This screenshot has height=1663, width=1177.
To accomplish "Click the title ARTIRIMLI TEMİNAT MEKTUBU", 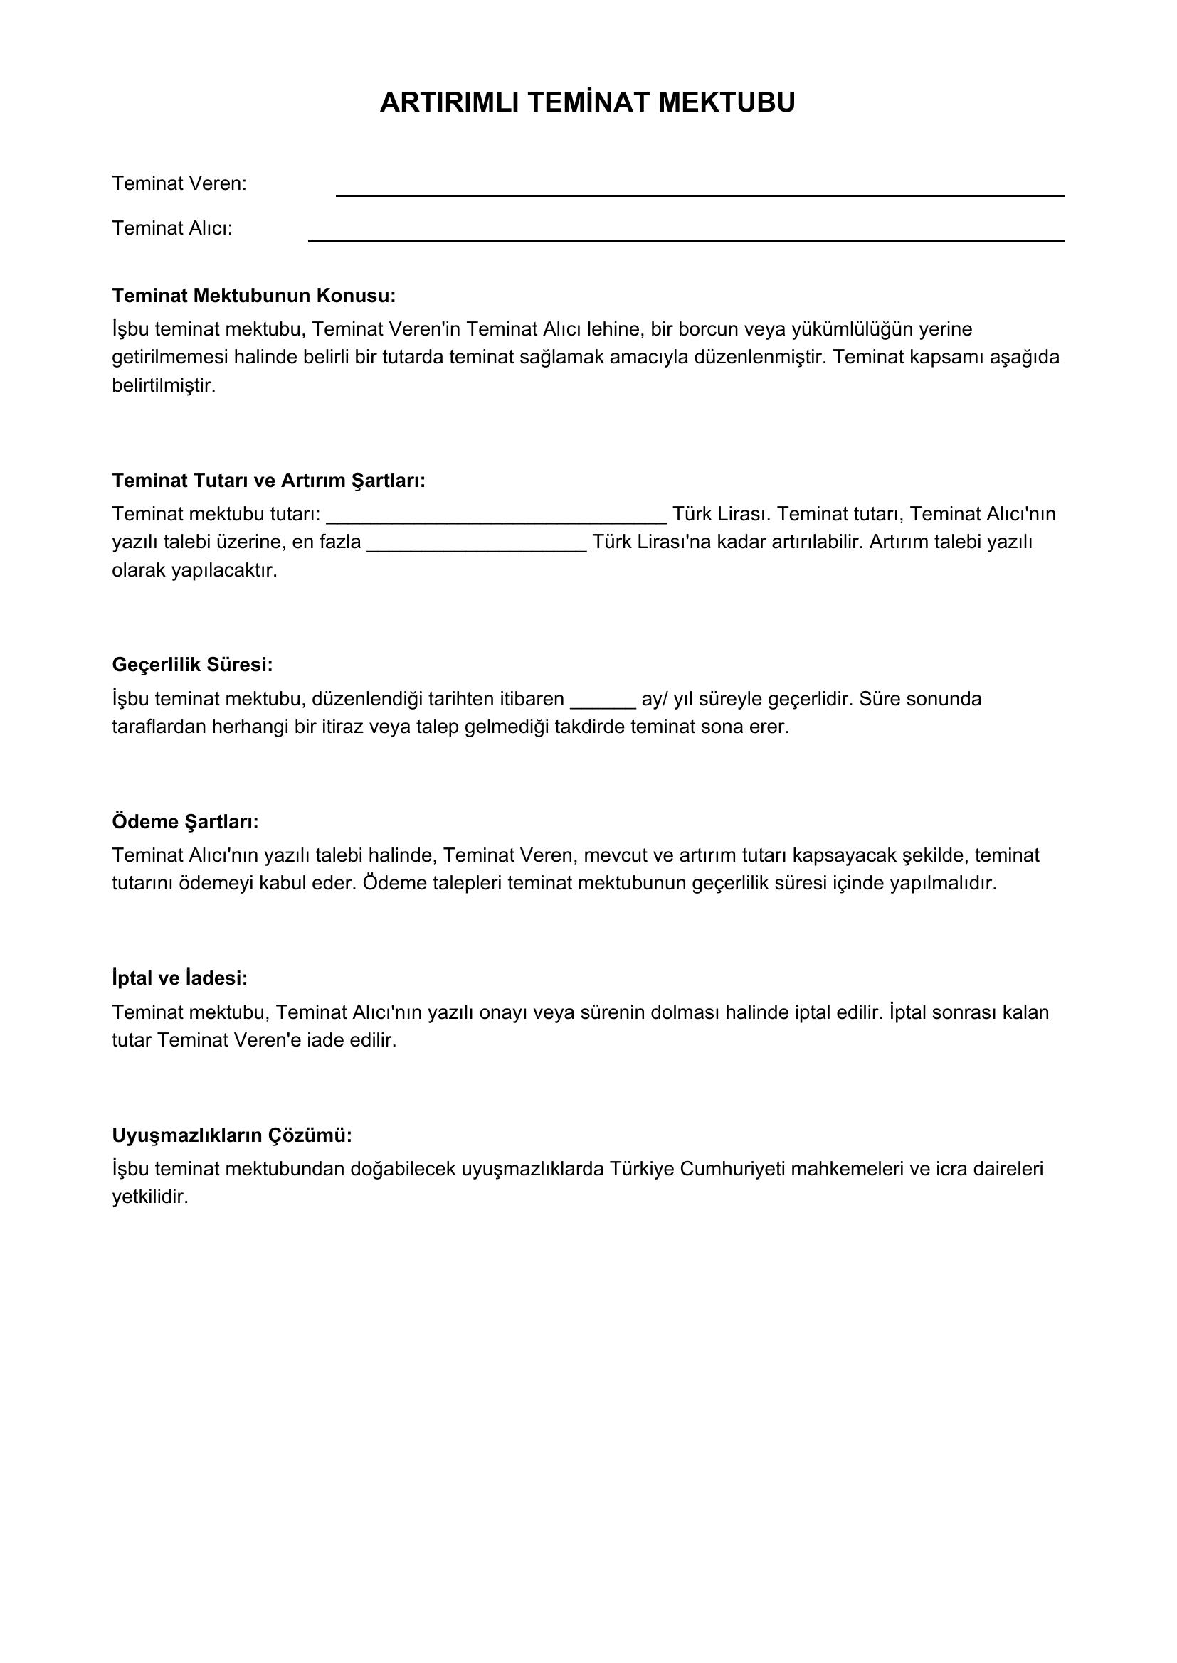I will (587, 103).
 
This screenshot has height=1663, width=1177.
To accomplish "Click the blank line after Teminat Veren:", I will (700, 193).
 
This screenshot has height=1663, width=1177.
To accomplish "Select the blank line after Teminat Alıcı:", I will (685, 238).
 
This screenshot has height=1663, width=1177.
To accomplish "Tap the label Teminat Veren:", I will (179, 184).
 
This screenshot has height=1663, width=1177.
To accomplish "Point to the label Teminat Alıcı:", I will (171, 229).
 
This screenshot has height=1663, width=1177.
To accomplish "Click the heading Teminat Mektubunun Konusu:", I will (253, 296).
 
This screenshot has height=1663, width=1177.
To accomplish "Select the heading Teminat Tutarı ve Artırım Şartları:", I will (268, 480).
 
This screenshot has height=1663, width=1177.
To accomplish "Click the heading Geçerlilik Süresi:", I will (192, 664).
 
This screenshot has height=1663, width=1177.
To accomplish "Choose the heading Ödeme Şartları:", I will (185, 821).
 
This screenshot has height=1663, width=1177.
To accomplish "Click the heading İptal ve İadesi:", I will (180, 978).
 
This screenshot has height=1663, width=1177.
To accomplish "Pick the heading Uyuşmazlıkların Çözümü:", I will (232, 1135).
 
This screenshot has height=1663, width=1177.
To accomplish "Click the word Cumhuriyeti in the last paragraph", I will (732, 1169).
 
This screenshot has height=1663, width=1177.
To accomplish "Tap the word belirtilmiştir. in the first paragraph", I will (164, 385).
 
